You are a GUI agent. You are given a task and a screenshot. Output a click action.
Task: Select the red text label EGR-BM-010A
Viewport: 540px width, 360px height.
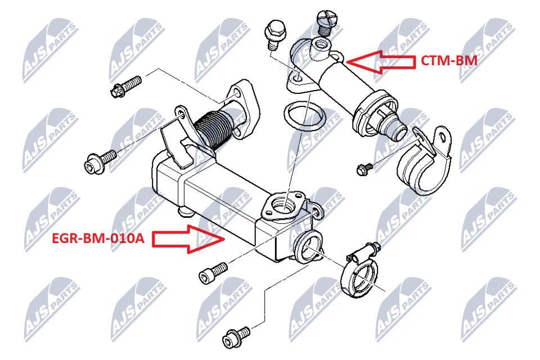[98, 239]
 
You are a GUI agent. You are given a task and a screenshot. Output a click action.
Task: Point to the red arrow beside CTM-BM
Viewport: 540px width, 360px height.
[380, 61]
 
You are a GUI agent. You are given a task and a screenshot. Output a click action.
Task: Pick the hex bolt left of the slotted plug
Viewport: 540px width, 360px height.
[275, 31]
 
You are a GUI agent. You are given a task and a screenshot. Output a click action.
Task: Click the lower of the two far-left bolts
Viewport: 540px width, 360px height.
[98, 160]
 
